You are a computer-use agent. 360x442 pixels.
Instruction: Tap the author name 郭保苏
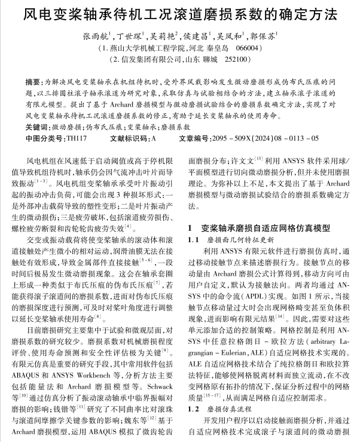[270, 35]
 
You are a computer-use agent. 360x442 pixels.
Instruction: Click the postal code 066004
[248, 47]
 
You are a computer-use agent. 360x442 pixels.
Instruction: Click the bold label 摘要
[34, 80]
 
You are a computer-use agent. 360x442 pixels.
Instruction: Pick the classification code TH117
[75, 138]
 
